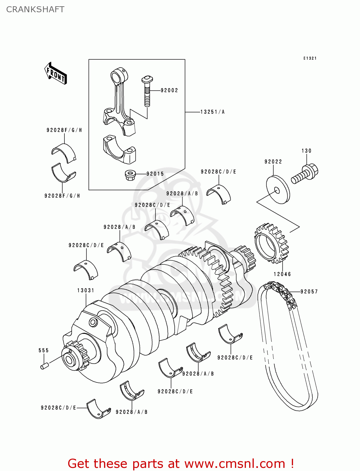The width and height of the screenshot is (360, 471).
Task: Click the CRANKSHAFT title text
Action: coord(35,9)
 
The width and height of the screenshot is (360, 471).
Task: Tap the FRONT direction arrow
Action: coord(56,74)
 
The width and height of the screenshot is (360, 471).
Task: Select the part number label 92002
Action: coord(169,90)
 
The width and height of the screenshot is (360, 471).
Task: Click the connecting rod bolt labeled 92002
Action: coord(147,91)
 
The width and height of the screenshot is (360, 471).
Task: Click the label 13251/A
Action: coord(212,112)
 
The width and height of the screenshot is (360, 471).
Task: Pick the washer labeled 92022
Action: coord(278,189)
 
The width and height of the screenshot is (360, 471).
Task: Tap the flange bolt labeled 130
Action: coord(305,174)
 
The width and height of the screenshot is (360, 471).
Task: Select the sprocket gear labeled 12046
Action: coord(271,243)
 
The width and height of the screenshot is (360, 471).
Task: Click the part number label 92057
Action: coord(309,292)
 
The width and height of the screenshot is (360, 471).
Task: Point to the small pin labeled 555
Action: coord(45,366)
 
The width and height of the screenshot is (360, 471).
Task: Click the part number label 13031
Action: coord(86,290)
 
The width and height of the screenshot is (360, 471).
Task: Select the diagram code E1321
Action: coord(310,58)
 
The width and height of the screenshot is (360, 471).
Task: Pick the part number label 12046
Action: coord(282,274)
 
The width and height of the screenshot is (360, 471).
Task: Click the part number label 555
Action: coord(44,350)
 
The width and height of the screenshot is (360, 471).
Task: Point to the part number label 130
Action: coord(306,151)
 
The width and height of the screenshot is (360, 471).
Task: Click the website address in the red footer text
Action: coord(234,464)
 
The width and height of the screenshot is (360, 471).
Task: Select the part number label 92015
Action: coord(155,174)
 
